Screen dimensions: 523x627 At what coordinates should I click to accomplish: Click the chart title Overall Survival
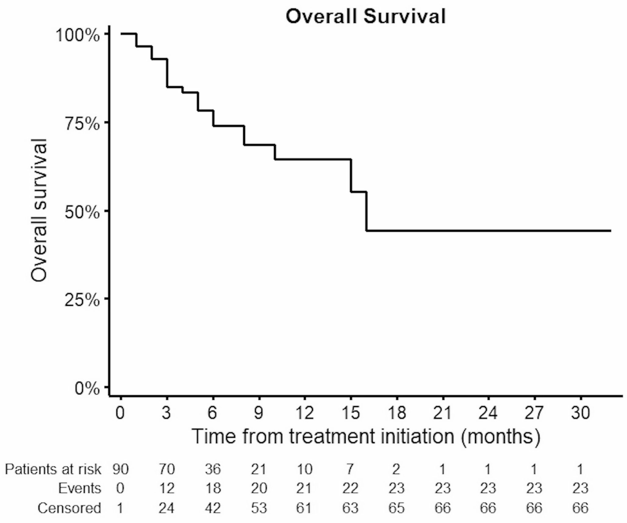(x=365, y=16)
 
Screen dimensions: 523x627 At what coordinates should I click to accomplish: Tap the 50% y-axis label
(x=82, y=212)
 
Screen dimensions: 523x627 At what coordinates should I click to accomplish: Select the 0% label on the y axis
(x=87, y=389)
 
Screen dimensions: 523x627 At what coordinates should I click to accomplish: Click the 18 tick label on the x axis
(x=397, y=413)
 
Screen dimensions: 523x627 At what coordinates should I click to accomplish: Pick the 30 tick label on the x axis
(x=580, y=413)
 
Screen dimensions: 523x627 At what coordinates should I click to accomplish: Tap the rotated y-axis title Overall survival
(x=39, y=211)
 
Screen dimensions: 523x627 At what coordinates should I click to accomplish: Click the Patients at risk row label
(x=53, y=469)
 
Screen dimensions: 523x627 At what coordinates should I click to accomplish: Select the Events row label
(x=80, y=488)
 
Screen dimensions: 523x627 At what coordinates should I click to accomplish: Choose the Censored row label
(x=69, y=508)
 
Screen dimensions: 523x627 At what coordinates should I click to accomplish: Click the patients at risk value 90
(x=121, y=469)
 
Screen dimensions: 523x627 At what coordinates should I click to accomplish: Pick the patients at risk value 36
(x=213, y=469)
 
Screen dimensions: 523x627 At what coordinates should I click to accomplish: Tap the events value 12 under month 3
(x=167, y=488)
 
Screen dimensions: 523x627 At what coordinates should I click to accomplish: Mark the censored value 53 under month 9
(x=259, y=508)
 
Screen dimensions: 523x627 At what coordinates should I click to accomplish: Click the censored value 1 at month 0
(x=120, y=508)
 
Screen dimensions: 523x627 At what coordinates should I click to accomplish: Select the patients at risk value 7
(x=350, y=469)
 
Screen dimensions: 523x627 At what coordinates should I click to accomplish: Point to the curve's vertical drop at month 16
(x=366, y=211)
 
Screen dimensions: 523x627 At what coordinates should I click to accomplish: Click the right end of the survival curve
(x=610, y=231)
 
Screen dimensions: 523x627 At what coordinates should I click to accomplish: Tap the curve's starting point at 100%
(x=122, y=34)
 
